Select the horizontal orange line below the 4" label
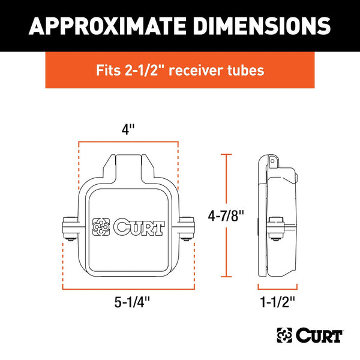click(128, 143)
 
